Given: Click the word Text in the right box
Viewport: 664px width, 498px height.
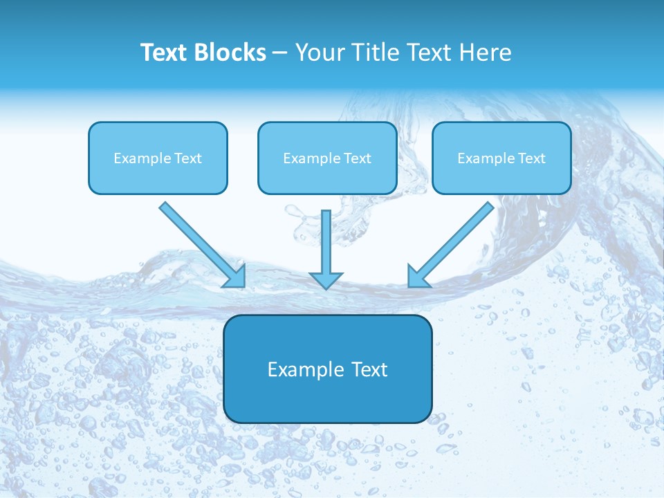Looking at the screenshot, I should pyautogui.click(x=532, y=158).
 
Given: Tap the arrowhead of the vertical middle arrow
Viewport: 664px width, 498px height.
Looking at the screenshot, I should pyautogui.click(x=326, y=280).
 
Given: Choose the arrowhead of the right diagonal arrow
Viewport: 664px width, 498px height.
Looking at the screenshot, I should pyautogui.click(x=418, y=277).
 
